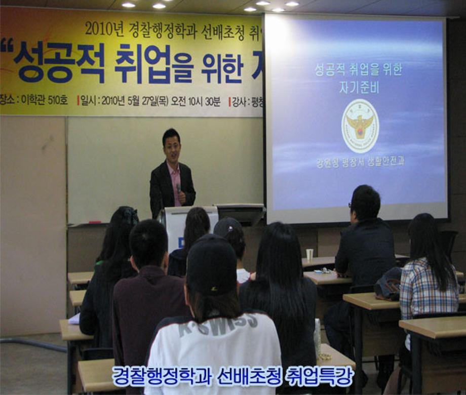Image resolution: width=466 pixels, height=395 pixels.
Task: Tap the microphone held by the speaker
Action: [x=178, y=187]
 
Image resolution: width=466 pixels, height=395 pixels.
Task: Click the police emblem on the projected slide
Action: [x=360, y=126]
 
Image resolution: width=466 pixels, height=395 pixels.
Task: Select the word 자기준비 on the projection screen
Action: [x=359, y=87]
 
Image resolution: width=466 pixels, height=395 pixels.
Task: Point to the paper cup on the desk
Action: [x=309, y=254]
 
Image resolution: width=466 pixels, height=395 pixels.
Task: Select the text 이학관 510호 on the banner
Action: [x=44, y=100]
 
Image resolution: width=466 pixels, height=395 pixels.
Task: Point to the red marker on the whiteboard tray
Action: [x=95, y=222]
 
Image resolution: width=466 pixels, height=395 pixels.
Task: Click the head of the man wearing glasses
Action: [x=365, y=203]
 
